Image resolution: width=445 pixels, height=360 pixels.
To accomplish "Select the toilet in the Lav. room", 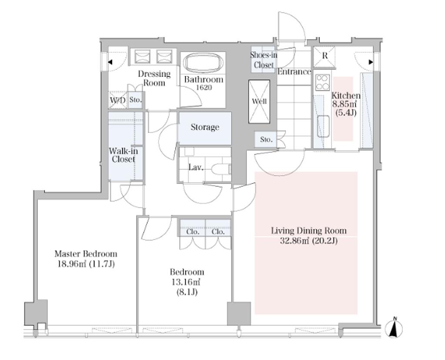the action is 221,169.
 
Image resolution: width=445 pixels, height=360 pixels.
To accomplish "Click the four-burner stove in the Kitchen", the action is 323,82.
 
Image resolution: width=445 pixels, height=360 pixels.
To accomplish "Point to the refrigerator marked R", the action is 324,57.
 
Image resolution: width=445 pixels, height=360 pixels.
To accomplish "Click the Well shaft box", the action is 259,101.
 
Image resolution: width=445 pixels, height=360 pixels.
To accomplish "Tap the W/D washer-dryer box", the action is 118,100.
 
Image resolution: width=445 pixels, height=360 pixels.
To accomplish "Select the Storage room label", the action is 205,127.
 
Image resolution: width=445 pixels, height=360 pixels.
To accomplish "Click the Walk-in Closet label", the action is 123,155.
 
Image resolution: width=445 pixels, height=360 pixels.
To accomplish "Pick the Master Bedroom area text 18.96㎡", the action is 72,264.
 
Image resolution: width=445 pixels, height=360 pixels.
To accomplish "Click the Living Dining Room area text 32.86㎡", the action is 295,241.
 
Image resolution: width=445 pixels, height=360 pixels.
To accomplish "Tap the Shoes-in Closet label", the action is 264,60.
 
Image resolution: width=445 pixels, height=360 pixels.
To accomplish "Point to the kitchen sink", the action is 323,126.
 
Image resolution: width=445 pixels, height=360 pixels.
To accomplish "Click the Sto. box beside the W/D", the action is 136,100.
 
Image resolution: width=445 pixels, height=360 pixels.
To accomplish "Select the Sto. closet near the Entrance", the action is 266,140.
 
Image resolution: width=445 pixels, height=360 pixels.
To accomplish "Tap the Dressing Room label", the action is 154,78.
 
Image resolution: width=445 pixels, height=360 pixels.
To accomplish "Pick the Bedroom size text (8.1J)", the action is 187,292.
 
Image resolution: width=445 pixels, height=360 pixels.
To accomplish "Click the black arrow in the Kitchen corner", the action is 371,62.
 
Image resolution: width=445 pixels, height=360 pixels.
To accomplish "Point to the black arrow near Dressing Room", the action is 110,62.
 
